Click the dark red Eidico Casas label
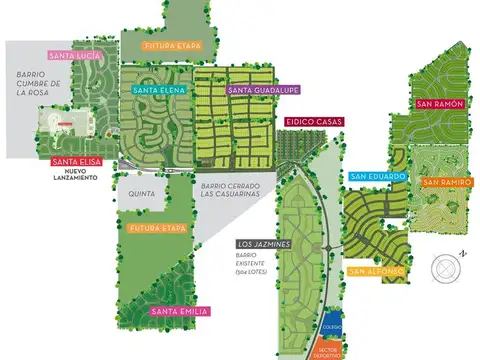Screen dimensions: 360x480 pos(312,122)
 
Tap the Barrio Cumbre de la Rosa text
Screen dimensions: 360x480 pos(39,88)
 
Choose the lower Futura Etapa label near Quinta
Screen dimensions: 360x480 pos(159,229)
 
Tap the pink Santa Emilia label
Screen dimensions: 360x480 pos(178,312)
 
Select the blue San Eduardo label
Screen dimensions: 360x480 pos(378,177)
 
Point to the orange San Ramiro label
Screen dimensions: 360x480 pos(445,182)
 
